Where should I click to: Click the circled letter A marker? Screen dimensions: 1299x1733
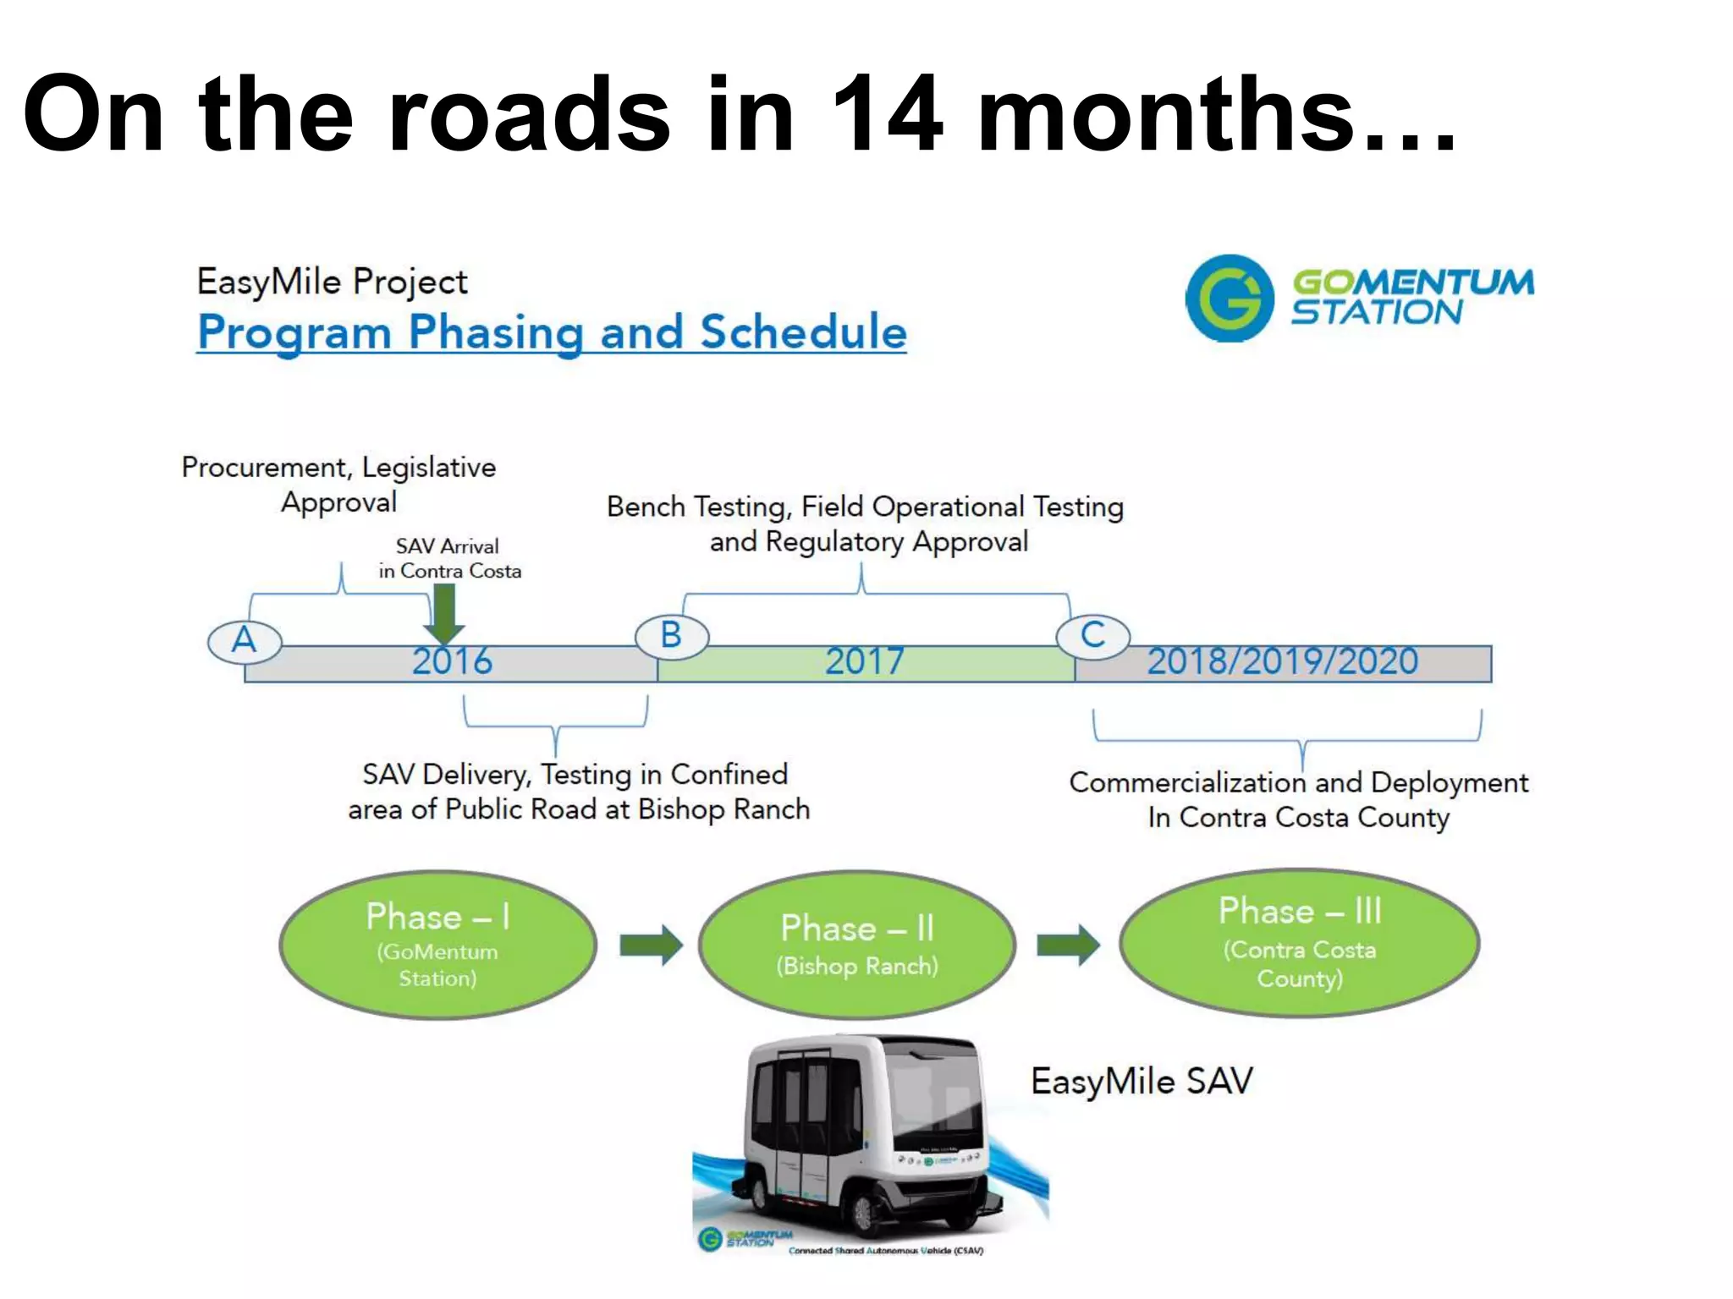(245, 641)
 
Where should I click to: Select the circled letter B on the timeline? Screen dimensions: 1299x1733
(672, 636)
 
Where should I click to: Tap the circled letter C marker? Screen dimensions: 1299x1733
(1093, 635)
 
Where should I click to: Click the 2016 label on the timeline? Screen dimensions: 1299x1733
(452, 661)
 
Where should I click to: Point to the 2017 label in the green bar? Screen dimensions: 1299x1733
(865, 661)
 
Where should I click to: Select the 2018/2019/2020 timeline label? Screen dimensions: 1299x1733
(1282, 661)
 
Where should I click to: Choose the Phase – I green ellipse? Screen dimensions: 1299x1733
(437, 945)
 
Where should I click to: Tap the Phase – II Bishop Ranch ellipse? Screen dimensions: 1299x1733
(857, 945)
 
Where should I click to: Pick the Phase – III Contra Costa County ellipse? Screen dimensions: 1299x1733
(1299, 942)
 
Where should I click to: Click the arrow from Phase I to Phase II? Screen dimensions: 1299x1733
(651, 945)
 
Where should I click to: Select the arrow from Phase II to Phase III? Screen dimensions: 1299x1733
(1068, 945)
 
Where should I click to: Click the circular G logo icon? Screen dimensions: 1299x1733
(1229, 299)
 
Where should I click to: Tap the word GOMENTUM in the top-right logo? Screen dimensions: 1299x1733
(1413, 282)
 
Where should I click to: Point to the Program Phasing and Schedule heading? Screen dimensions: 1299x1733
(552, 332)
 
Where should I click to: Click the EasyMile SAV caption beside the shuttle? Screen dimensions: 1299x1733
(1142, 1082)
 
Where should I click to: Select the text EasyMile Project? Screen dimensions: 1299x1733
(332, 282)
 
